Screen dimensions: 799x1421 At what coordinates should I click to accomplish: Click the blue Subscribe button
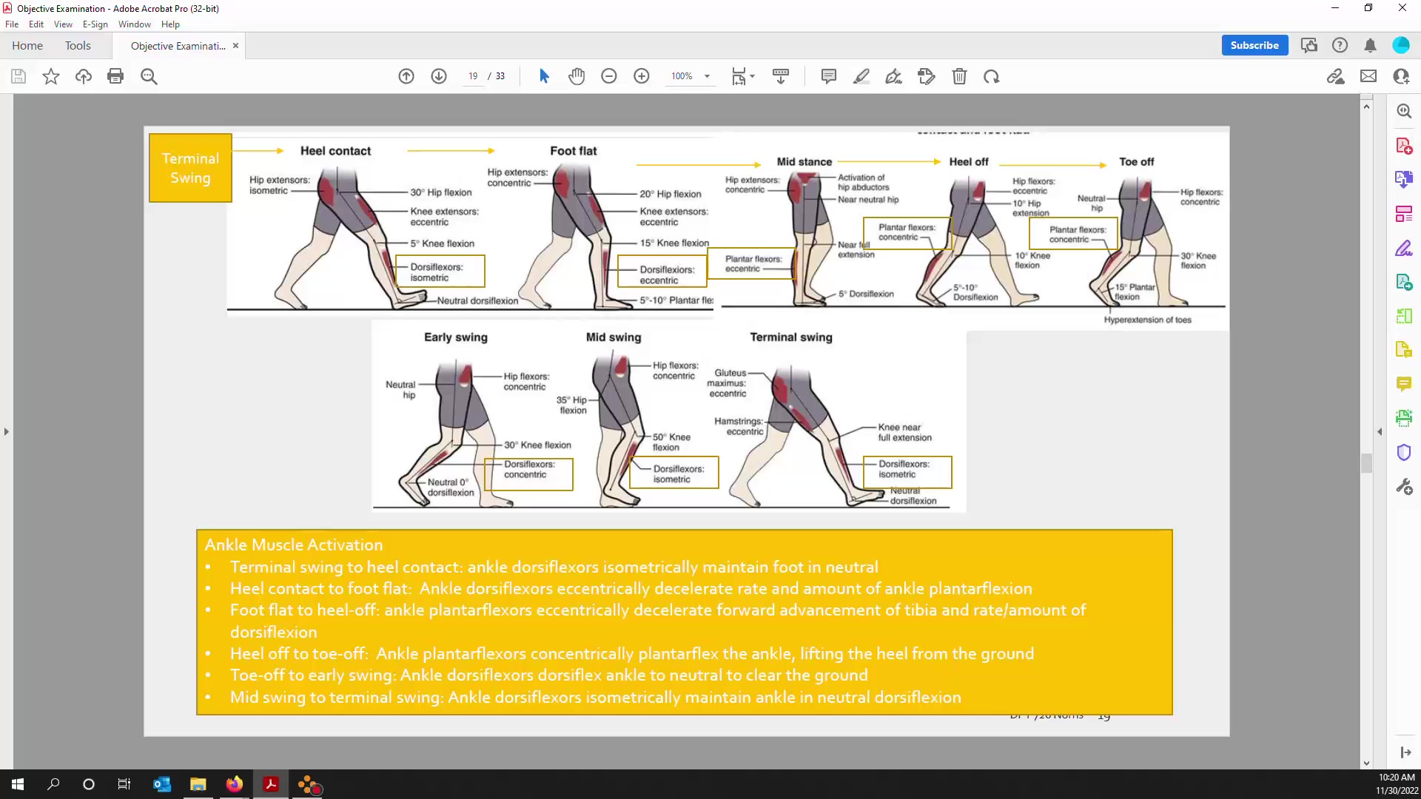(1254, 45)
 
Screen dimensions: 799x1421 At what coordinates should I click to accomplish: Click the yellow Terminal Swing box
(190, 168)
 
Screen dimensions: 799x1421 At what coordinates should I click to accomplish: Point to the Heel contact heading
(335, 151)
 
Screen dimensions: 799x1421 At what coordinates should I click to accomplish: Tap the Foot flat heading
(573, 151)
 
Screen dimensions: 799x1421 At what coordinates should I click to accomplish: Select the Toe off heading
(1136, 161)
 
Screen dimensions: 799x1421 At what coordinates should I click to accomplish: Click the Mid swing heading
(614, 337)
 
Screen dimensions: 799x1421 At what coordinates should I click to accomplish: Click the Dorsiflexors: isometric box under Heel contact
(440, 272)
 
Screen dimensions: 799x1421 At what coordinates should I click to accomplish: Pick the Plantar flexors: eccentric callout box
(750, 263)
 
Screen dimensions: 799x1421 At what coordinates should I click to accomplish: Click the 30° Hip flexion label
(441, 192)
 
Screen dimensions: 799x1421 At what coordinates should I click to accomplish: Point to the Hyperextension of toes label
(1147, 320)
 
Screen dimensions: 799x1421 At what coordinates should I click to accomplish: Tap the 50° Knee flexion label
(671, 442)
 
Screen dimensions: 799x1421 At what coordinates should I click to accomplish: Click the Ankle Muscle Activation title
(294, 545)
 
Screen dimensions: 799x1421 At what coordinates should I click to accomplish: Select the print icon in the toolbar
(115, 76)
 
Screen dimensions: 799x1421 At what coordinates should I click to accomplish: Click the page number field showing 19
(473, 76)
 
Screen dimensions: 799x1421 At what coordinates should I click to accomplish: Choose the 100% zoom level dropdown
(691, 76)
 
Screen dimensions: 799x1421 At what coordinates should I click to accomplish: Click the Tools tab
(78, 46)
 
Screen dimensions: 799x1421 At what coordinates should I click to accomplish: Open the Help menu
(170, 24)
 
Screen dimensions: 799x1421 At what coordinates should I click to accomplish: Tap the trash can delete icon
(959, 76)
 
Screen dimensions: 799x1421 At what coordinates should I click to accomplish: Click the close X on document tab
(235, 46)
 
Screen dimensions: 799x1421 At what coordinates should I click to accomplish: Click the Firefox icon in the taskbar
(235, 784)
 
